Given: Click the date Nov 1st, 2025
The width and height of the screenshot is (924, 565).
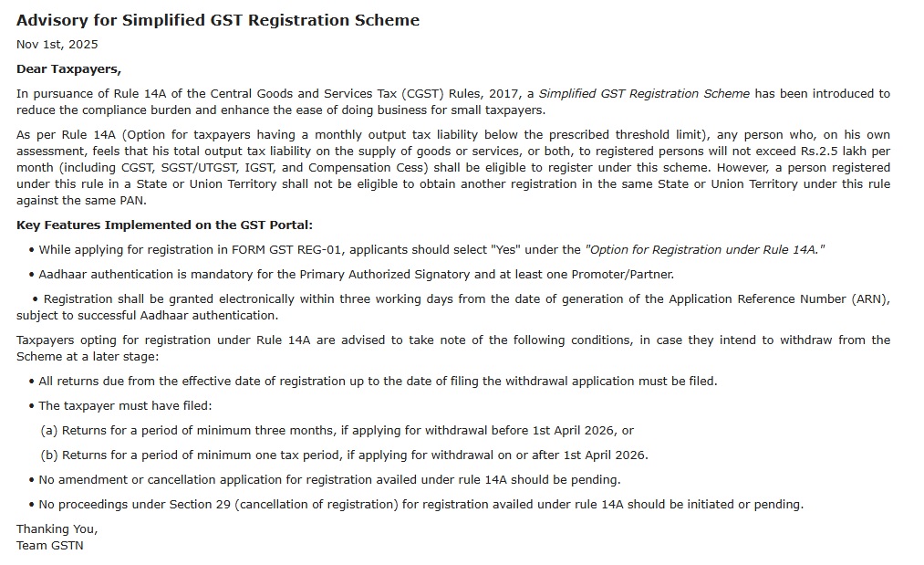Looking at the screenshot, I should pyautogui.click(x=57, y=44).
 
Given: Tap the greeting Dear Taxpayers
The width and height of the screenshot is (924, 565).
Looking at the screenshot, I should pyautogui.click(x=68, y=68).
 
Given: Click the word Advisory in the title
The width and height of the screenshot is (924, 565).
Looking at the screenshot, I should pyautogui.click(x=52, y=20).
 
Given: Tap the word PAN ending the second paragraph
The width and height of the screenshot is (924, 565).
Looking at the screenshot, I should pyautogui.click(x=132, y=201).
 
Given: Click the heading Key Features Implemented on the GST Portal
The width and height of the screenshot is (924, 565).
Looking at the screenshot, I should pyautogui.click(x=164, y=225).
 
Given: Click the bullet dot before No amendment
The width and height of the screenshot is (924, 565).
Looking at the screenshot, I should pyautogui.click(x=31, y=480).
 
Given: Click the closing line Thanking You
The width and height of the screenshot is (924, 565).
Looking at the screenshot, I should pyautogui.click(x=57, y=529).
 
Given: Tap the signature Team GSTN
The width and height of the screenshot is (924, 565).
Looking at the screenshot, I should pyautogui.click(x=49, y=546).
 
